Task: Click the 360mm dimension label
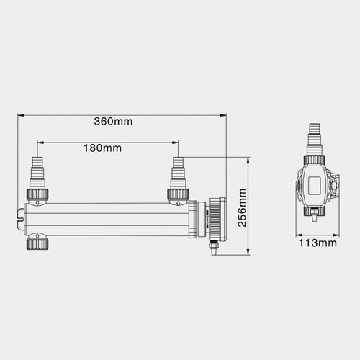click(113, 121)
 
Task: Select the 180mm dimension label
click(102, 148)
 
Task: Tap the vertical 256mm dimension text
click(242, 208)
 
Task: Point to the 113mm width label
click(318, 243)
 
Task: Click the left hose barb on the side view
click(37, 173)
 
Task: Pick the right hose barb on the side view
click(178, 173)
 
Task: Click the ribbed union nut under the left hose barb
click(37, 194)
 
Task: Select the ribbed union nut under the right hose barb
click(178, 194)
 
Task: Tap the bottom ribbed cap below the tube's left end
click(37, 244)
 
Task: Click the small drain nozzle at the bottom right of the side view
click(212, 248)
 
